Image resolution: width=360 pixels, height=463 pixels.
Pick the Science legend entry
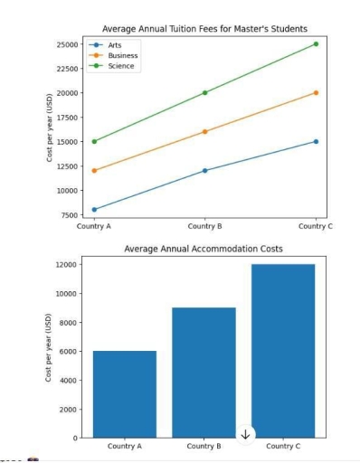click(119, 65)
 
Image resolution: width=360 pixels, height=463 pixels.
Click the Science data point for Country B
click(204, 92)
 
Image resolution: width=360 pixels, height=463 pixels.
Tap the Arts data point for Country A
click(94, 210)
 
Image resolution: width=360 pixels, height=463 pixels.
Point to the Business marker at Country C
click(315, 92)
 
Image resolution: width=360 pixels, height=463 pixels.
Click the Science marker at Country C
click(315, 43)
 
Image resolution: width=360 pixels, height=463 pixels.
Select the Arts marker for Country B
click(204, 170)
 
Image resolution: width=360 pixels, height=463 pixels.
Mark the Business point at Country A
click(94, 170)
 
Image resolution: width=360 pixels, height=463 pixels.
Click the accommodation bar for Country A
click(124, 394)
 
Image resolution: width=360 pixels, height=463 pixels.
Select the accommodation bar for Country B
click(204, 373)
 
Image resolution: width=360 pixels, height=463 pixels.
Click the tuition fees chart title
click(204, 29)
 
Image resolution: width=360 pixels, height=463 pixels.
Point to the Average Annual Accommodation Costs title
click(204, 248)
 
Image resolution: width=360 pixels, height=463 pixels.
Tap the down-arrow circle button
click(245, 434)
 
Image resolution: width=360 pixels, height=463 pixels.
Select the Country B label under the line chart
click(204, 226)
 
